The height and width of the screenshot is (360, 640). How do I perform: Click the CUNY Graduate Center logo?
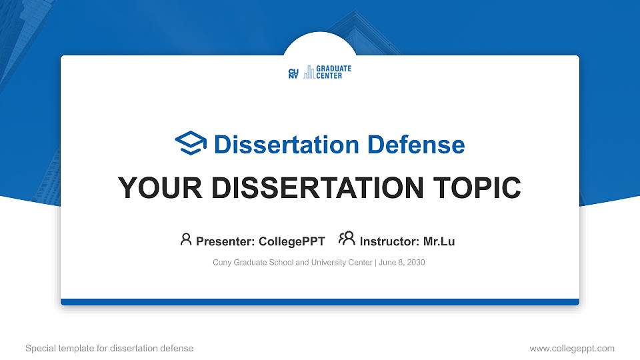(x=319, y=73)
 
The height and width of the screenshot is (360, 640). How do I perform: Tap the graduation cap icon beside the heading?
(x=191, y=143)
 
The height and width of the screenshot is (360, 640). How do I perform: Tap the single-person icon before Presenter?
(x=186, y=239)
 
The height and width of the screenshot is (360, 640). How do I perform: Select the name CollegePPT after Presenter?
(x=292, y=241)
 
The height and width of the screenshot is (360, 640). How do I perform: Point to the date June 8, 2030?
(x=401, y=263)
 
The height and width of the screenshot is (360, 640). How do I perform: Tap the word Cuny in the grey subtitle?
(x=221, y=263)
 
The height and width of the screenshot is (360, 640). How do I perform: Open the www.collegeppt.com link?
(x=572, y=348)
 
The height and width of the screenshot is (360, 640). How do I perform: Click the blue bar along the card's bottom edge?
(x=320, y=302)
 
